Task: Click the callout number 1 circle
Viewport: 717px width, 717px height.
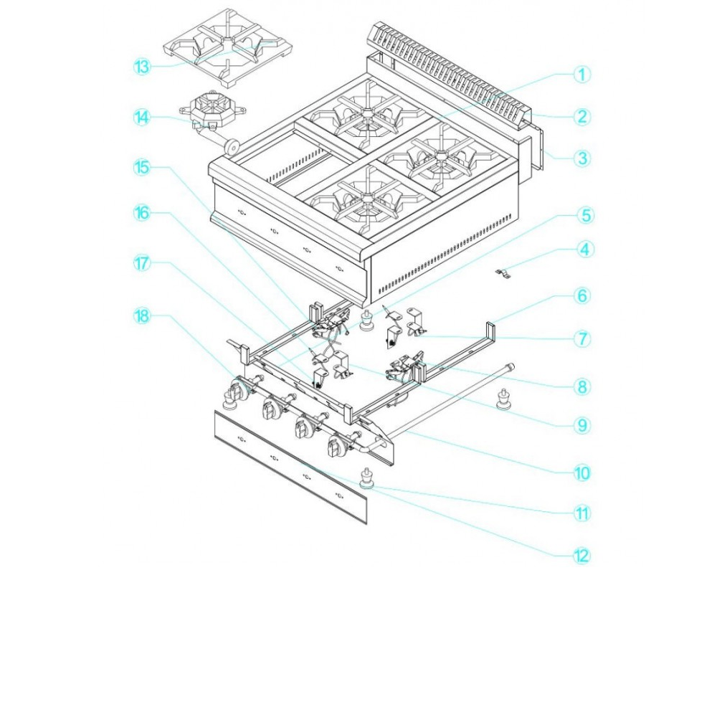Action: (581, 75)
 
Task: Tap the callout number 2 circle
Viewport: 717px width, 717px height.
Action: (581, 117)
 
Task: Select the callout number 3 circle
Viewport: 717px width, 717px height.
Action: (581, 158)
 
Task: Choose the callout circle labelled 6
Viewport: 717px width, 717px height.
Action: (581, 295)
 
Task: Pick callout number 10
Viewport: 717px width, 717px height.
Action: (581, 473)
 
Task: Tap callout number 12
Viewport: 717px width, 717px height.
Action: (581, 556)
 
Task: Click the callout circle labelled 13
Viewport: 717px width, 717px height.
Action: (142, 67)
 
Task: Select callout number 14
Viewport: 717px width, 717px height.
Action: (142, 117)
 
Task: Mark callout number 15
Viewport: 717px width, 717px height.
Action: (142, 167)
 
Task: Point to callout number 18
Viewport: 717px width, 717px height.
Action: (142, 316)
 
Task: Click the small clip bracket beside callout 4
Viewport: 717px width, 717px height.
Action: (503, 273)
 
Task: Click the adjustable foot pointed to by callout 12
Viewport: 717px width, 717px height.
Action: (366, 479)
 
